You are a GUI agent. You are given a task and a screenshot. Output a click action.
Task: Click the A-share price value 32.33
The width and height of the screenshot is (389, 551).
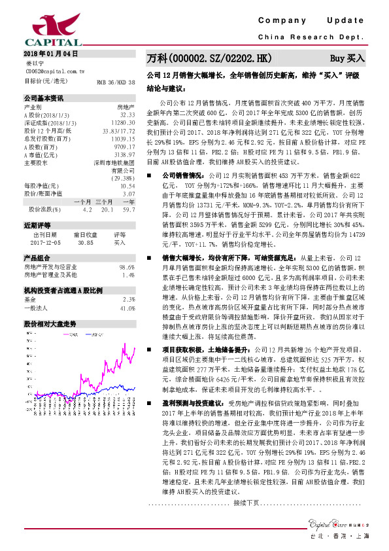point(127,114)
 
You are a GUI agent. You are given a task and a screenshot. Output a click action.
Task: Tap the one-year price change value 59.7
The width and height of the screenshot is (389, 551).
point(128,209)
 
